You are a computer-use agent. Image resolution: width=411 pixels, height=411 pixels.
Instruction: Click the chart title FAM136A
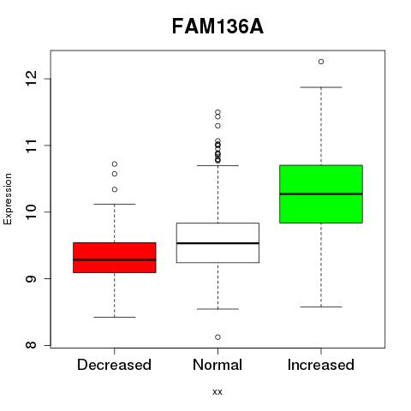(217, 27)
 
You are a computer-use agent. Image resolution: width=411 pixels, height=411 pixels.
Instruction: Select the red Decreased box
(115, 258)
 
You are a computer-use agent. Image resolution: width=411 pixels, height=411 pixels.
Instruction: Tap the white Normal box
(217, 242)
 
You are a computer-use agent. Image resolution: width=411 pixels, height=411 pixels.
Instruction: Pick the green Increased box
(321, 194)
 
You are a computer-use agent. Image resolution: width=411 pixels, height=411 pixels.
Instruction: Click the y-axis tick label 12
(31, 79)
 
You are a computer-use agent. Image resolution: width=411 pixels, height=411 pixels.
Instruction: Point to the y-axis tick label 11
(31, 146)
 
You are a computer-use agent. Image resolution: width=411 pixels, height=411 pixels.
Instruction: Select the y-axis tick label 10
(31, 211)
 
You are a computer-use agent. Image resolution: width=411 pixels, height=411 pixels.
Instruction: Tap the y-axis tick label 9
(31, 278)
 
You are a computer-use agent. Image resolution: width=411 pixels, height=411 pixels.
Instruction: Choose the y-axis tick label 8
(31, 345)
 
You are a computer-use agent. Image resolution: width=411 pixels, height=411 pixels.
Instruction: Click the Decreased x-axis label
(114, 365)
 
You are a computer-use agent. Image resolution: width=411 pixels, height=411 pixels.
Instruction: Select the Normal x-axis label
(217, 365)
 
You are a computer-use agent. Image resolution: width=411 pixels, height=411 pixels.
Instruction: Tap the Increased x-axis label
(321, 365)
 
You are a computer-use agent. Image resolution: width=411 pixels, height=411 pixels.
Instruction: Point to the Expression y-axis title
(8, 199)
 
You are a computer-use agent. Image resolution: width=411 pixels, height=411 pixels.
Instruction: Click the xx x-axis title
(217, 392)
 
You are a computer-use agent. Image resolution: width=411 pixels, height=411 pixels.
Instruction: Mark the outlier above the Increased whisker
(321, 62)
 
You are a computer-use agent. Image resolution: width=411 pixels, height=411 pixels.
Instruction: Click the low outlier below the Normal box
(217, 337)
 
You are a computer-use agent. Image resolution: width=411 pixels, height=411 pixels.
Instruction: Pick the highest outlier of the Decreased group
(115, 164)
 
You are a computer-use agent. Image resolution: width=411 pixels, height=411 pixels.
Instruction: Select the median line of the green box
(321, 194)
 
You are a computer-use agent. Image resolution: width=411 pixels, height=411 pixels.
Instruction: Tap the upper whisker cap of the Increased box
(321, 87)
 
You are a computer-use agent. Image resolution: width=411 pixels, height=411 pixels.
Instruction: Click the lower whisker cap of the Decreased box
(115, 317)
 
